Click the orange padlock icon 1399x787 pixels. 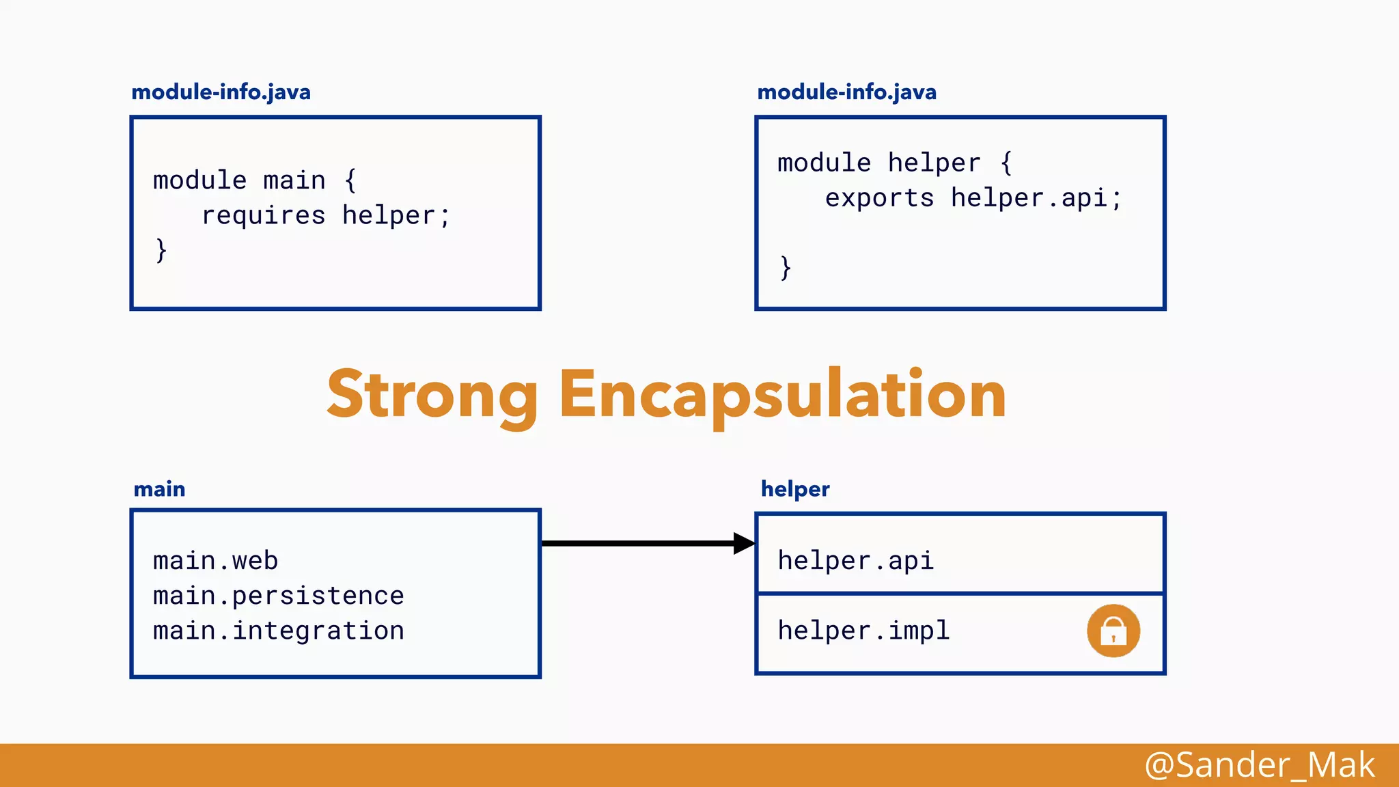point(1113,631)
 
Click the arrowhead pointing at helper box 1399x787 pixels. point(744,544)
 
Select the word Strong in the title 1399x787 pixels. point(432,395)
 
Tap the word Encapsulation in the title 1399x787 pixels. point(782,395)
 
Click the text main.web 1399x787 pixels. point(215,561)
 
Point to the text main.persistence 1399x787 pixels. point(278,596)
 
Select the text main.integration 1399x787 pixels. point(278,631)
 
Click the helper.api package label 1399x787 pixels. point(855,561)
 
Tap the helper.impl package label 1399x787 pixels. point(863,631)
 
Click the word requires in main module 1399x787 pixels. point(263,216)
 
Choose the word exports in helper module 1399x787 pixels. point(879,198)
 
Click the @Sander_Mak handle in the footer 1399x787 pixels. point(1259,765)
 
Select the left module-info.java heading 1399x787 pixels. point(221,92)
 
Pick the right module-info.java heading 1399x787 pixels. point(846,92)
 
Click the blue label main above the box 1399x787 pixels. point(159,489)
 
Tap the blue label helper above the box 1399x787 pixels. point(795,489)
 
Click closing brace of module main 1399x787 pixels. point(161,250)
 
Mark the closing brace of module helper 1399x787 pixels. point(786,267)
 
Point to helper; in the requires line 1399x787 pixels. point(396,216)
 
